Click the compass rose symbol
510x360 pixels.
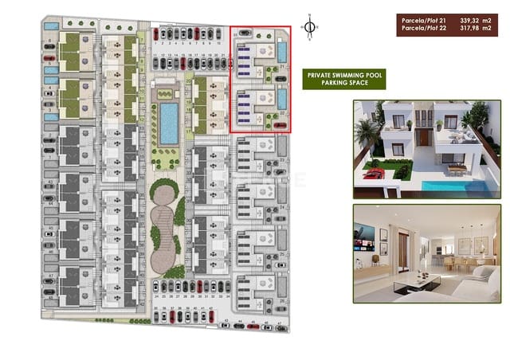(x=310, y=25)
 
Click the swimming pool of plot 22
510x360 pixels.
(x=283, y=100)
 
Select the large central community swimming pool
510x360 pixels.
(x=169, y=122)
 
